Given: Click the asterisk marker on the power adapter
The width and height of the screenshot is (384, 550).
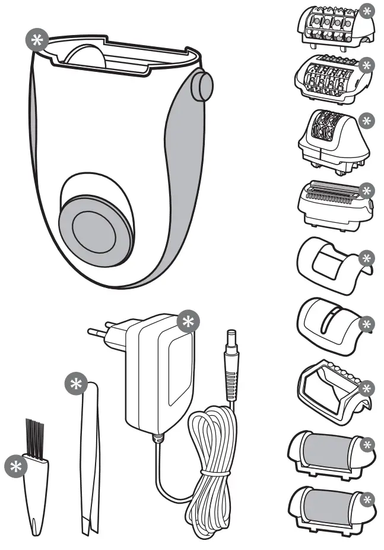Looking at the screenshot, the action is pos(188,321).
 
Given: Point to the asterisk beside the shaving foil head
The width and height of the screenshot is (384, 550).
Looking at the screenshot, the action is pos(368,191).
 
